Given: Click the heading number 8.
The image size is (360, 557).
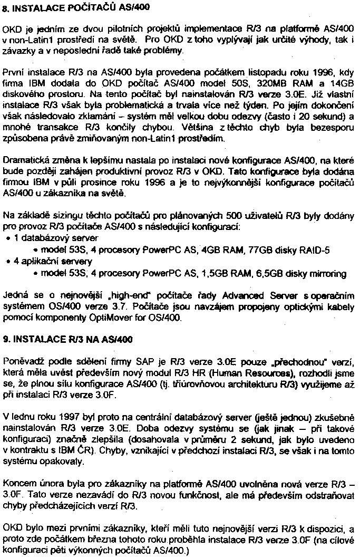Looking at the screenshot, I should [x=6, y=9].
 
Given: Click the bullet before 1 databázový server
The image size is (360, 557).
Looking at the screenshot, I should [x=8, y=238].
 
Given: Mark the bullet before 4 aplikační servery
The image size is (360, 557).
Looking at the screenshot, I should [x=8, y=262].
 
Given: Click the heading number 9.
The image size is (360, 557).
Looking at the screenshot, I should [x=6, y=339].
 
